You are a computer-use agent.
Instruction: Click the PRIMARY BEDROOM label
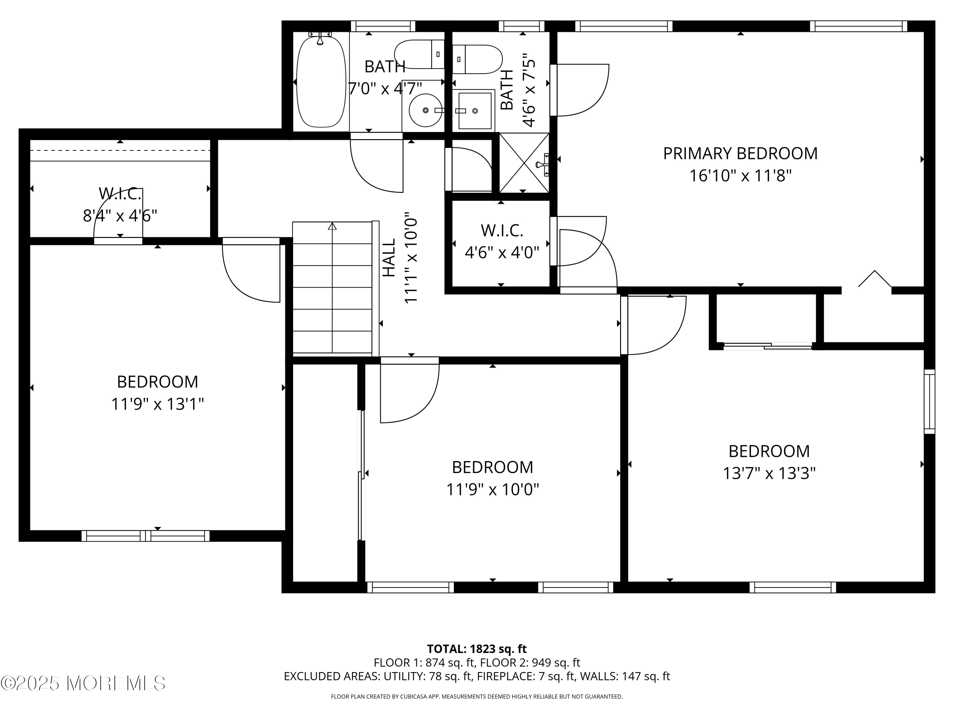pos(740,154)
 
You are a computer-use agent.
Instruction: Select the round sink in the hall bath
pos(425,110)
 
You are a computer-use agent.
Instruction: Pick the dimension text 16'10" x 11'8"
pos(740,176)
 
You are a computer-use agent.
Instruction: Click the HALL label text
pos(389,258)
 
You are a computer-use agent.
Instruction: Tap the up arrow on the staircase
pos(332,227)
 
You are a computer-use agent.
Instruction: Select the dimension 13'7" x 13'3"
pos(769,474)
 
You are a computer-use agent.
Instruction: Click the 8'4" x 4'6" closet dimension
pos(120,215)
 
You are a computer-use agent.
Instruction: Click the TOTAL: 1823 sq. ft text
pos(477,649)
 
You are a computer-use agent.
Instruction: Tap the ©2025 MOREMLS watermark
pos(83,683)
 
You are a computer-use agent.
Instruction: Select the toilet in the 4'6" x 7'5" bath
pos(477,59)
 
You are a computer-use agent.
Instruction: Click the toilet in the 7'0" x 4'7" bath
pos(419,54)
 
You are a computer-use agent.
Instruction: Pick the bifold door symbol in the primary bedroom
pos(874,279)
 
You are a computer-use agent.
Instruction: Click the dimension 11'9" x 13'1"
pos(157,404)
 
